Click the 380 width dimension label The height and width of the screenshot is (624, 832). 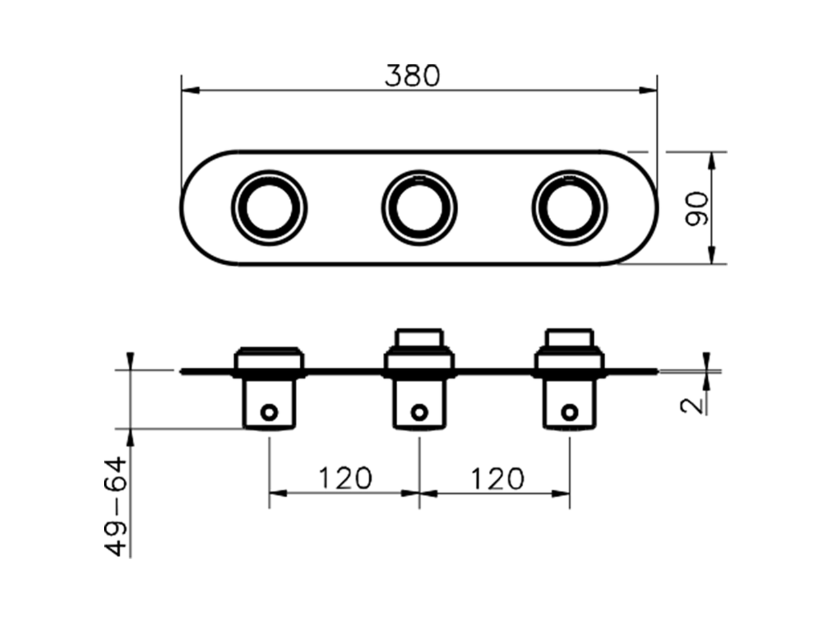[x=412, y=75]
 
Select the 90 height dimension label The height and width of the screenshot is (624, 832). [x=697, y=209]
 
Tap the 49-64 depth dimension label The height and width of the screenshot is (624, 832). [x=116, y=506]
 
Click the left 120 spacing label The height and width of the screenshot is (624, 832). [x=344, y=478]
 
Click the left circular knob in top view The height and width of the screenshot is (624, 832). [x=269, y=207]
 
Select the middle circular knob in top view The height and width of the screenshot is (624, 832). [x=419, y=207]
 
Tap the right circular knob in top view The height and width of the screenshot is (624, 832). [x=569, y=207]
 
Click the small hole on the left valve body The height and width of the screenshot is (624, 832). [x=268, y=411]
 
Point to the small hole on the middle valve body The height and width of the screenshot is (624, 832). [x=420, y=411]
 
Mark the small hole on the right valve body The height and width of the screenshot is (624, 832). [x=569, y=411]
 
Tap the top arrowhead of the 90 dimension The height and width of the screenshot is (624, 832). [x=713, y=160]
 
